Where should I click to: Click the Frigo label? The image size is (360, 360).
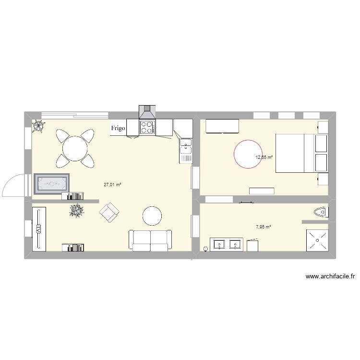click(119, 128)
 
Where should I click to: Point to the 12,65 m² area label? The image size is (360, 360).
click(264, 157)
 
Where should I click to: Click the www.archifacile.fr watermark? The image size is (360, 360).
click(330, 276)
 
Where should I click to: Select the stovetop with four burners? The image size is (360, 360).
click(147, 127)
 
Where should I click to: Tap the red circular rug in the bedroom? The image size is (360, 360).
click(249, 154)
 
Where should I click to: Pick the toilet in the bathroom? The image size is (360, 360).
click(320, 212)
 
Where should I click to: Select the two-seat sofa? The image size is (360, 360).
click(150, 240)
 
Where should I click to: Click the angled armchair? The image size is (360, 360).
click(109, 212)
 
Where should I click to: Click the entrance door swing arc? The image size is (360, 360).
click(12, 185)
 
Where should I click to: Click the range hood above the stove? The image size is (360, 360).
click(147, 112)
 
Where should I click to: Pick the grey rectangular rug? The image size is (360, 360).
click(51, 183)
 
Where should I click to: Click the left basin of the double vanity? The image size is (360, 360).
click(219, 245)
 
